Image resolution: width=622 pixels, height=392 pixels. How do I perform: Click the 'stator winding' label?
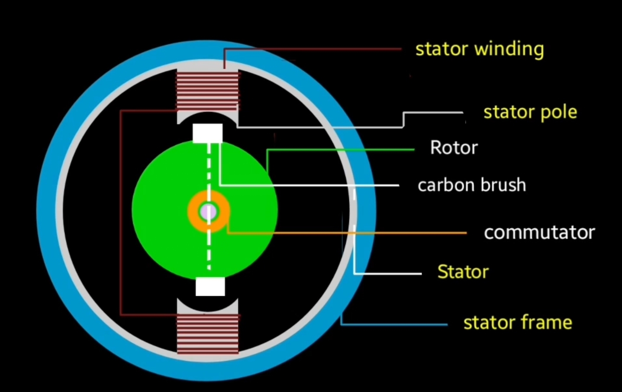[479, 49]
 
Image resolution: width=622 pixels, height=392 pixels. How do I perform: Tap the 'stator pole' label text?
[530, 112]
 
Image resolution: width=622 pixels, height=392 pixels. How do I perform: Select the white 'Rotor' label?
[454, 148]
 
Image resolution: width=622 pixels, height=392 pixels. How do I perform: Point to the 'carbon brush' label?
[471, 186]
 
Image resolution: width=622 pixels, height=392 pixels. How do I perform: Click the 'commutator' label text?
[539, 233]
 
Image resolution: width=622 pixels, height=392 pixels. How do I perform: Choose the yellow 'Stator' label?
[463, 272]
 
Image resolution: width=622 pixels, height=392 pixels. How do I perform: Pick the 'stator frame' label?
[517, 323]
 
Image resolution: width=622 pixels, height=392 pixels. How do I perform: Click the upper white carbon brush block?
[208, 133]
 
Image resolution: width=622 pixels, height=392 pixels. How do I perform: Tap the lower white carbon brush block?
[210, 286]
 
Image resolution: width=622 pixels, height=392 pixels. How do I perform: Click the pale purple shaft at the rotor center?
[208, 212]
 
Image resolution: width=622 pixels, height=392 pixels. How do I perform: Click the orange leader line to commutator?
[346, 233]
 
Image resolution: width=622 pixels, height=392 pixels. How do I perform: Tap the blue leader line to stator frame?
[394, 324]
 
